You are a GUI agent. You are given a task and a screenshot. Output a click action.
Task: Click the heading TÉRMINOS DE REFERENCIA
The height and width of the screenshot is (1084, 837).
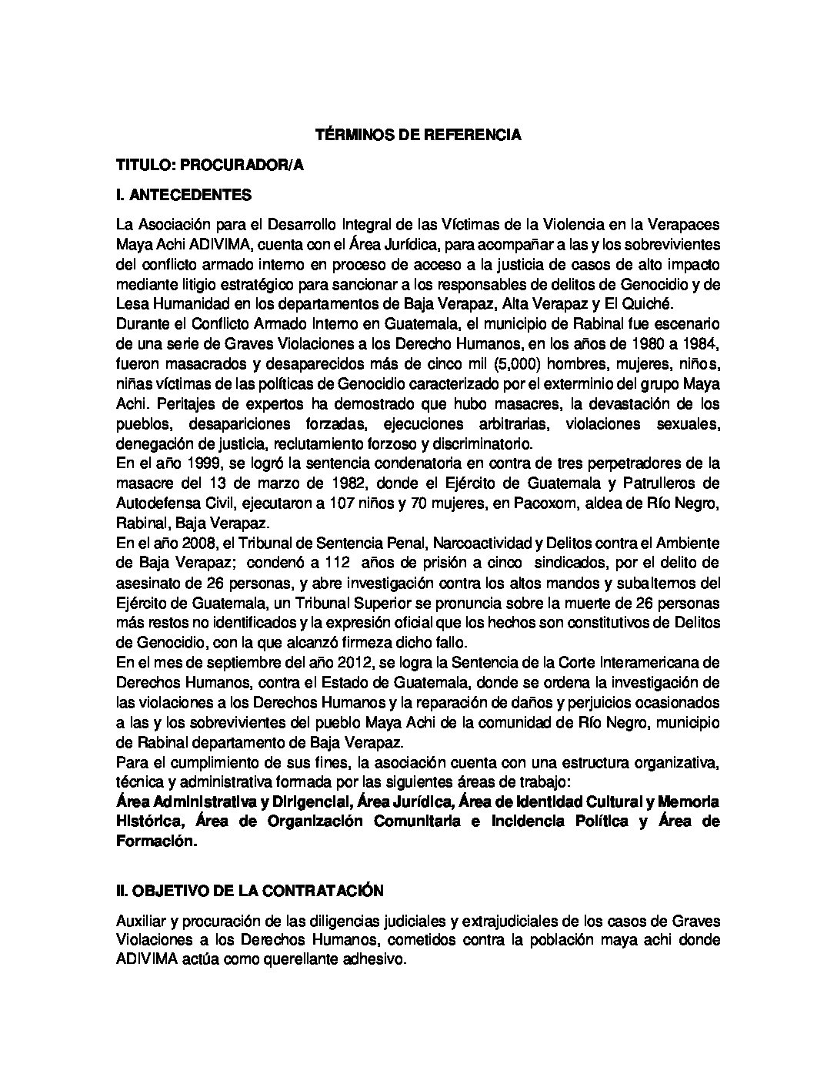coord(418,135)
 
